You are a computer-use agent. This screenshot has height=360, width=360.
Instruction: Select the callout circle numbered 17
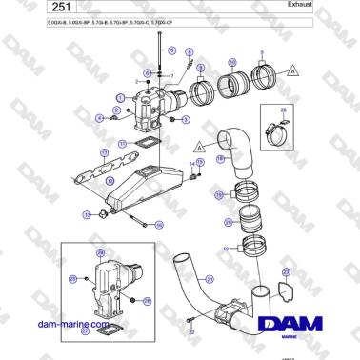(x=77, y=152)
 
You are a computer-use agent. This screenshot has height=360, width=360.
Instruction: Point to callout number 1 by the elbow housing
(x=119, y=98)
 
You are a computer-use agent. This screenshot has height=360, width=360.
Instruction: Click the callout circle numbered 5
(x=185, y=119)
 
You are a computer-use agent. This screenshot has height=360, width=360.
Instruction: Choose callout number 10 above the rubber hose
(x=230, y=63)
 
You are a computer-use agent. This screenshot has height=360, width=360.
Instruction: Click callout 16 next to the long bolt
(x=159, y=225)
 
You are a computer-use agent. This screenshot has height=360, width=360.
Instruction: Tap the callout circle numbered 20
(x=228, y=223)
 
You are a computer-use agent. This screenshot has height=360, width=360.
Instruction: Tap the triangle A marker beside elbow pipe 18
(x=200, y=147)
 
